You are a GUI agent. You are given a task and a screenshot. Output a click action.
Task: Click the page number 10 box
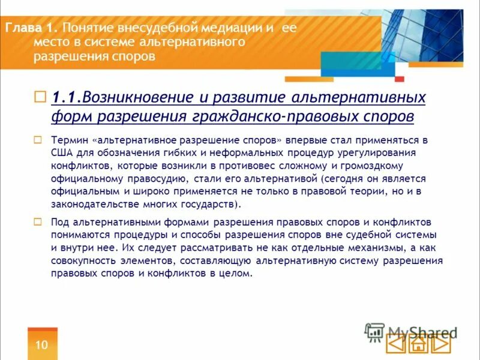[x=42, y=344]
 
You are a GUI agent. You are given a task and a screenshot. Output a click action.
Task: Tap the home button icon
[x=419, y=344]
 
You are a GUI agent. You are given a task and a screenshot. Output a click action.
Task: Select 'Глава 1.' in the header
[x=32, y=28]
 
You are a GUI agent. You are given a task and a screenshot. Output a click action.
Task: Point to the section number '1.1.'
[x=66, y=97]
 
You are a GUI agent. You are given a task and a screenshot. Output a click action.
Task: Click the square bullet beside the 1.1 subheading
[x=40, y=97]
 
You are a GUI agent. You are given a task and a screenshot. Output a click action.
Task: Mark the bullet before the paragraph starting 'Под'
[x=38, y=221]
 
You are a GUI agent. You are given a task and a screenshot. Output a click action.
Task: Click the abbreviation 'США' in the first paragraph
[x=62, y=152]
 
